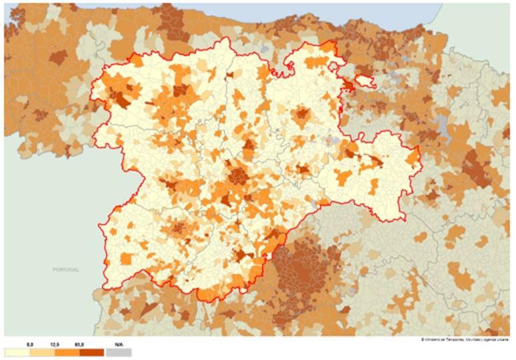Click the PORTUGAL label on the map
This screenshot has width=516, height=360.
click(66, 269)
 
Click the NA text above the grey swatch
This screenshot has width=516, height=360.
click(119, 344)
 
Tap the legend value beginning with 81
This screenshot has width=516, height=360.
click(79, 344)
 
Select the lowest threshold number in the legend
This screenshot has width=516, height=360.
click(29, 344)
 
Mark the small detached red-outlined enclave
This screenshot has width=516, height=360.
click(364, 81)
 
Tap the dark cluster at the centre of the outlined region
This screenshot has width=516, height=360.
click(238, 176)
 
